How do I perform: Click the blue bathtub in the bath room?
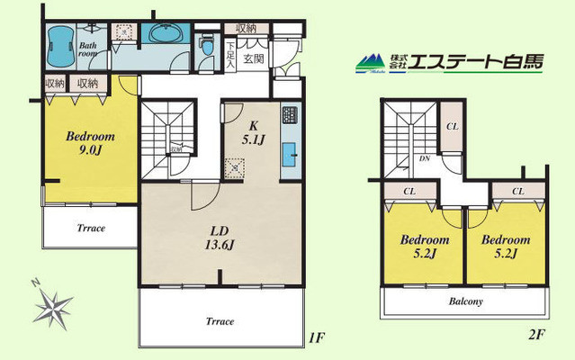click(60, 43)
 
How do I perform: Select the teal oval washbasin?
click(165, 36)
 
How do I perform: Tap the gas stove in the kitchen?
click(291, 116)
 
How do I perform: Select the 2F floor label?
click(537, 335)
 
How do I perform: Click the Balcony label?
click(466, 301)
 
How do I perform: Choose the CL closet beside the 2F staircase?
click(451, 127)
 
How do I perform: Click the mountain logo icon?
click(368, 63)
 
